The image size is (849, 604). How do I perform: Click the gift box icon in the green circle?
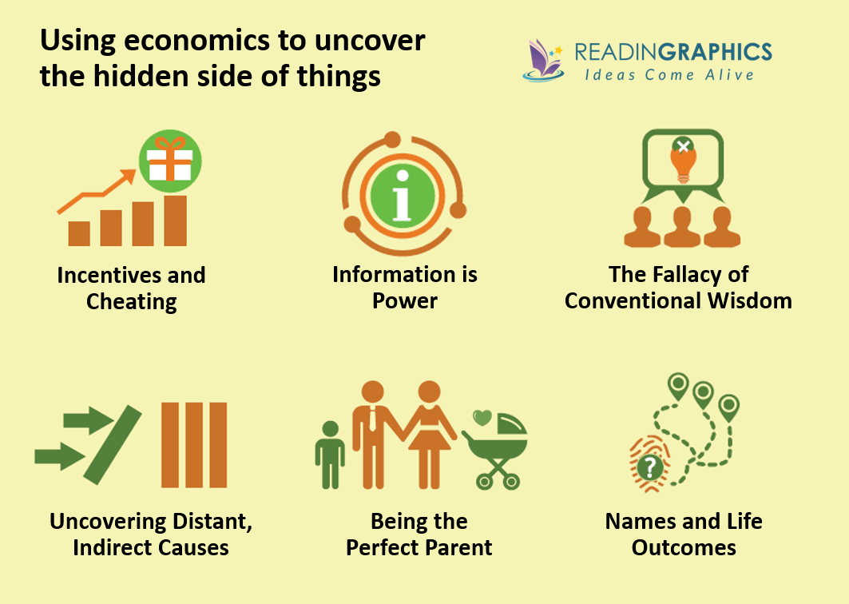pos(170,160)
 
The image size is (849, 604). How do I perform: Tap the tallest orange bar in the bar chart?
pos(175,221)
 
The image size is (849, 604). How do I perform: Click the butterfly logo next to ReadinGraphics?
pos(544,61)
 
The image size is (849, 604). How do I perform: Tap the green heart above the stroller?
pos(482,417)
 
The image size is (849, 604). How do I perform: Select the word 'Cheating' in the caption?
pos(132,301)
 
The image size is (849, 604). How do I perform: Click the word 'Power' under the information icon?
pos(405,301)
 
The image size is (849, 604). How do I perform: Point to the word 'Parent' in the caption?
pos(458,547)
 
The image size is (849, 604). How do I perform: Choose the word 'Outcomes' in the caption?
pos(684,547)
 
